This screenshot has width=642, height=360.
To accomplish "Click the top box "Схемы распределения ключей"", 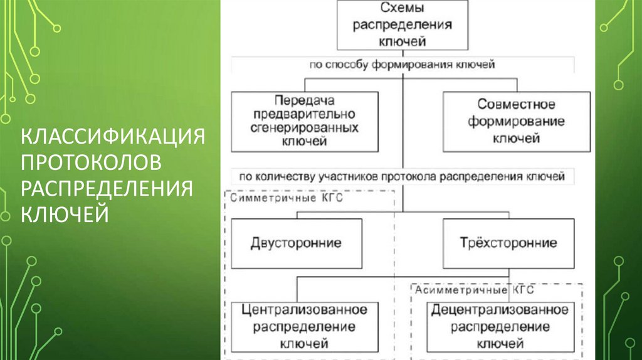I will [402, 25].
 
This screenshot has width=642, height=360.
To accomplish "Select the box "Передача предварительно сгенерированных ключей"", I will [305, 122].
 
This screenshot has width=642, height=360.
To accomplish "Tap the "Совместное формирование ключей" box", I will [516, 122].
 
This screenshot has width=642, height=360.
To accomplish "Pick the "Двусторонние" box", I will [296, 243].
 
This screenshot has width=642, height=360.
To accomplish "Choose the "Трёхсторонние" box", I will [508, 243].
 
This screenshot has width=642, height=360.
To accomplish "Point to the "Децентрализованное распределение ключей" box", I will [500, 326].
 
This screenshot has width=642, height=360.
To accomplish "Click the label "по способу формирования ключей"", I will [402, 64].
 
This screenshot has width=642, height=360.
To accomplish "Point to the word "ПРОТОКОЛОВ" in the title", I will [92, 162].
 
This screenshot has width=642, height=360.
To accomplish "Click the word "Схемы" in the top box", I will [402, 9].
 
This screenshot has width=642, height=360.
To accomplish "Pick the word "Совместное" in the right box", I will [516, 105].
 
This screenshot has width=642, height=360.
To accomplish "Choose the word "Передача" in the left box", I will [305, 100].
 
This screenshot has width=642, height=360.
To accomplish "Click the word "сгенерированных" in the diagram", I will [305, 128].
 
